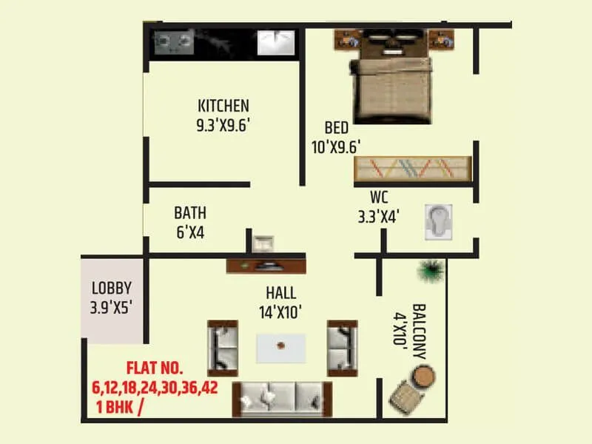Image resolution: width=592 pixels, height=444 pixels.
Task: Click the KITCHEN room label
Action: (x=223, y=105)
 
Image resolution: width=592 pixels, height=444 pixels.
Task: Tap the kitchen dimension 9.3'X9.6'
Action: (x=223, y=124)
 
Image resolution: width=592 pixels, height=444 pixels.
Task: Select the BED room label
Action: (x=336, y=128)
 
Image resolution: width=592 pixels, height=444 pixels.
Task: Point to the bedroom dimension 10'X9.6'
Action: (x=336, y=147)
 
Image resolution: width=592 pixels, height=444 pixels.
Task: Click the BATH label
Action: (x=190, y=213)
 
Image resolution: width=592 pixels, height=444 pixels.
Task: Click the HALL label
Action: (x=283, y=292)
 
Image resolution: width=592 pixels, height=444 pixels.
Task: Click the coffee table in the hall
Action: (x=281, y=346)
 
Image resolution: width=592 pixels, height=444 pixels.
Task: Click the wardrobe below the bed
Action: (x=411, y=169)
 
